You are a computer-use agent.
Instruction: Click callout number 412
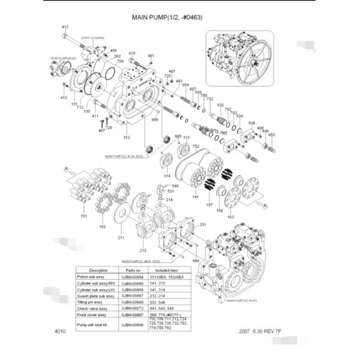point(65,27)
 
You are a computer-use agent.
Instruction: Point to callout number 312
point(127,137)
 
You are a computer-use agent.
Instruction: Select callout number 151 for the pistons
point(83,215)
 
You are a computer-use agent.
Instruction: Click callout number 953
point(271,135)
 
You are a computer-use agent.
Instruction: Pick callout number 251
point(203,224)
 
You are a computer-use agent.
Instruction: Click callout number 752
point(196,146)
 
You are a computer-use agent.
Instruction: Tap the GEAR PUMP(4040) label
point(63,58)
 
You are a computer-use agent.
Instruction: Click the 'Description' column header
point(98,271)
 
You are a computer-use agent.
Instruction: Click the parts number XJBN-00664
point(133,277)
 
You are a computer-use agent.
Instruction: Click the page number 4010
point(59,332)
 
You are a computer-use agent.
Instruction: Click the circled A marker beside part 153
point(263,206)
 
